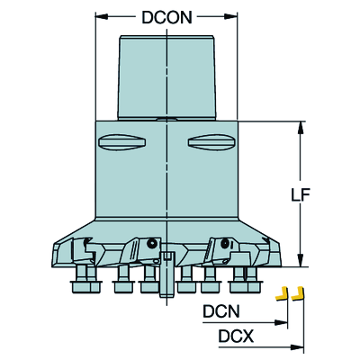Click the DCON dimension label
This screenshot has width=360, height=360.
pyautogui.click(x=166, y=17)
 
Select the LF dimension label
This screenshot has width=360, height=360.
pyautogui.click(x=301, y=195)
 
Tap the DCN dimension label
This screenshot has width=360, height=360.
pyautogui.click(x=221, y=311)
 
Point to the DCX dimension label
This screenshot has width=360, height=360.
pyautogui.click(x=236, y=336)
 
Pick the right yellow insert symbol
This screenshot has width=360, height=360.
pyautogui.click(x=298, y=294)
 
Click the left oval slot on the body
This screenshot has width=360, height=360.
pyautogui.click(x=122, y=142)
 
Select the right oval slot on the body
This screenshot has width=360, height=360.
pyautogui.click(x=211, y=142)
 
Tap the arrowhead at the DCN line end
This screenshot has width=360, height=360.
pyautogui.click(x=282, y=322)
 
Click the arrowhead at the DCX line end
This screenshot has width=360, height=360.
pyautogui.click(x=297, y=347)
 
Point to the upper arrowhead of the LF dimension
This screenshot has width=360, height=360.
pyautogui.click(x=300, y=128)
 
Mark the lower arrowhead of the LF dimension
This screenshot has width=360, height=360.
pyautogui.click(x=300, y=260)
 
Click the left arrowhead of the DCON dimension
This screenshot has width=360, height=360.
pyautogui.click(x=102, y=17)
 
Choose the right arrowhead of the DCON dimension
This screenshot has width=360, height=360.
pyautogui.click(x=230, y=17)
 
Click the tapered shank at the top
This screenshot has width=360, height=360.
pyautogui.click(x=166, y=77)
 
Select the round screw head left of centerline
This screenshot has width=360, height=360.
pyautogui.click(x=152, y=243)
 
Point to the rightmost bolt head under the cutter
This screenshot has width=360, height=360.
pyautogui.click(x=246, y=286)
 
